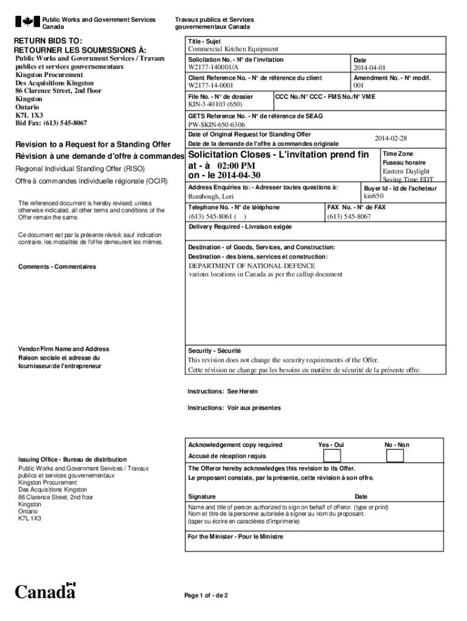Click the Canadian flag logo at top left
[27, 22]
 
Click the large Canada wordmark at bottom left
[45, 591]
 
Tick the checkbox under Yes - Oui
[332, 455]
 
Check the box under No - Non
[395, 455]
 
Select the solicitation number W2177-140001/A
[213, 67]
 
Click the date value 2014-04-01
[369, 67]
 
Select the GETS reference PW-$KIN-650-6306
[217, 124]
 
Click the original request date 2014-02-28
[391, 138]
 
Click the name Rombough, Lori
[210, 197]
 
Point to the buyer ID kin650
[374, 196]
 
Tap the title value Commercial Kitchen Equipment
[233, 49]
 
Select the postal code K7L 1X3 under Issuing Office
[30, 519]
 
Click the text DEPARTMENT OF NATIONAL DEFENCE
[252, 266]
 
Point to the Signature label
[201, 497]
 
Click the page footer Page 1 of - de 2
[206, 595]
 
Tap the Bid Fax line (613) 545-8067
[51, 123]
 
